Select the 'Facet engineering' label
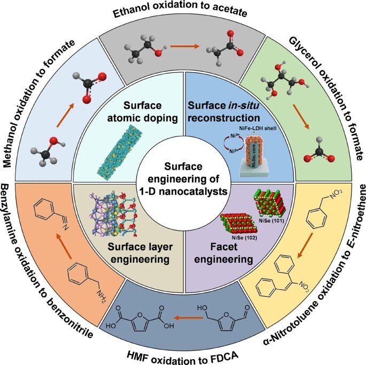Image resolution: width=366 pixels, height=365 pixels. pyautogui.click(x=231, y=254)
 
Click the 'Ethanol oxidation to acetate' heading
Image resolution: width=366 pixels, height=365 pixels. pyautogui.click(x=183, y=11)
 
